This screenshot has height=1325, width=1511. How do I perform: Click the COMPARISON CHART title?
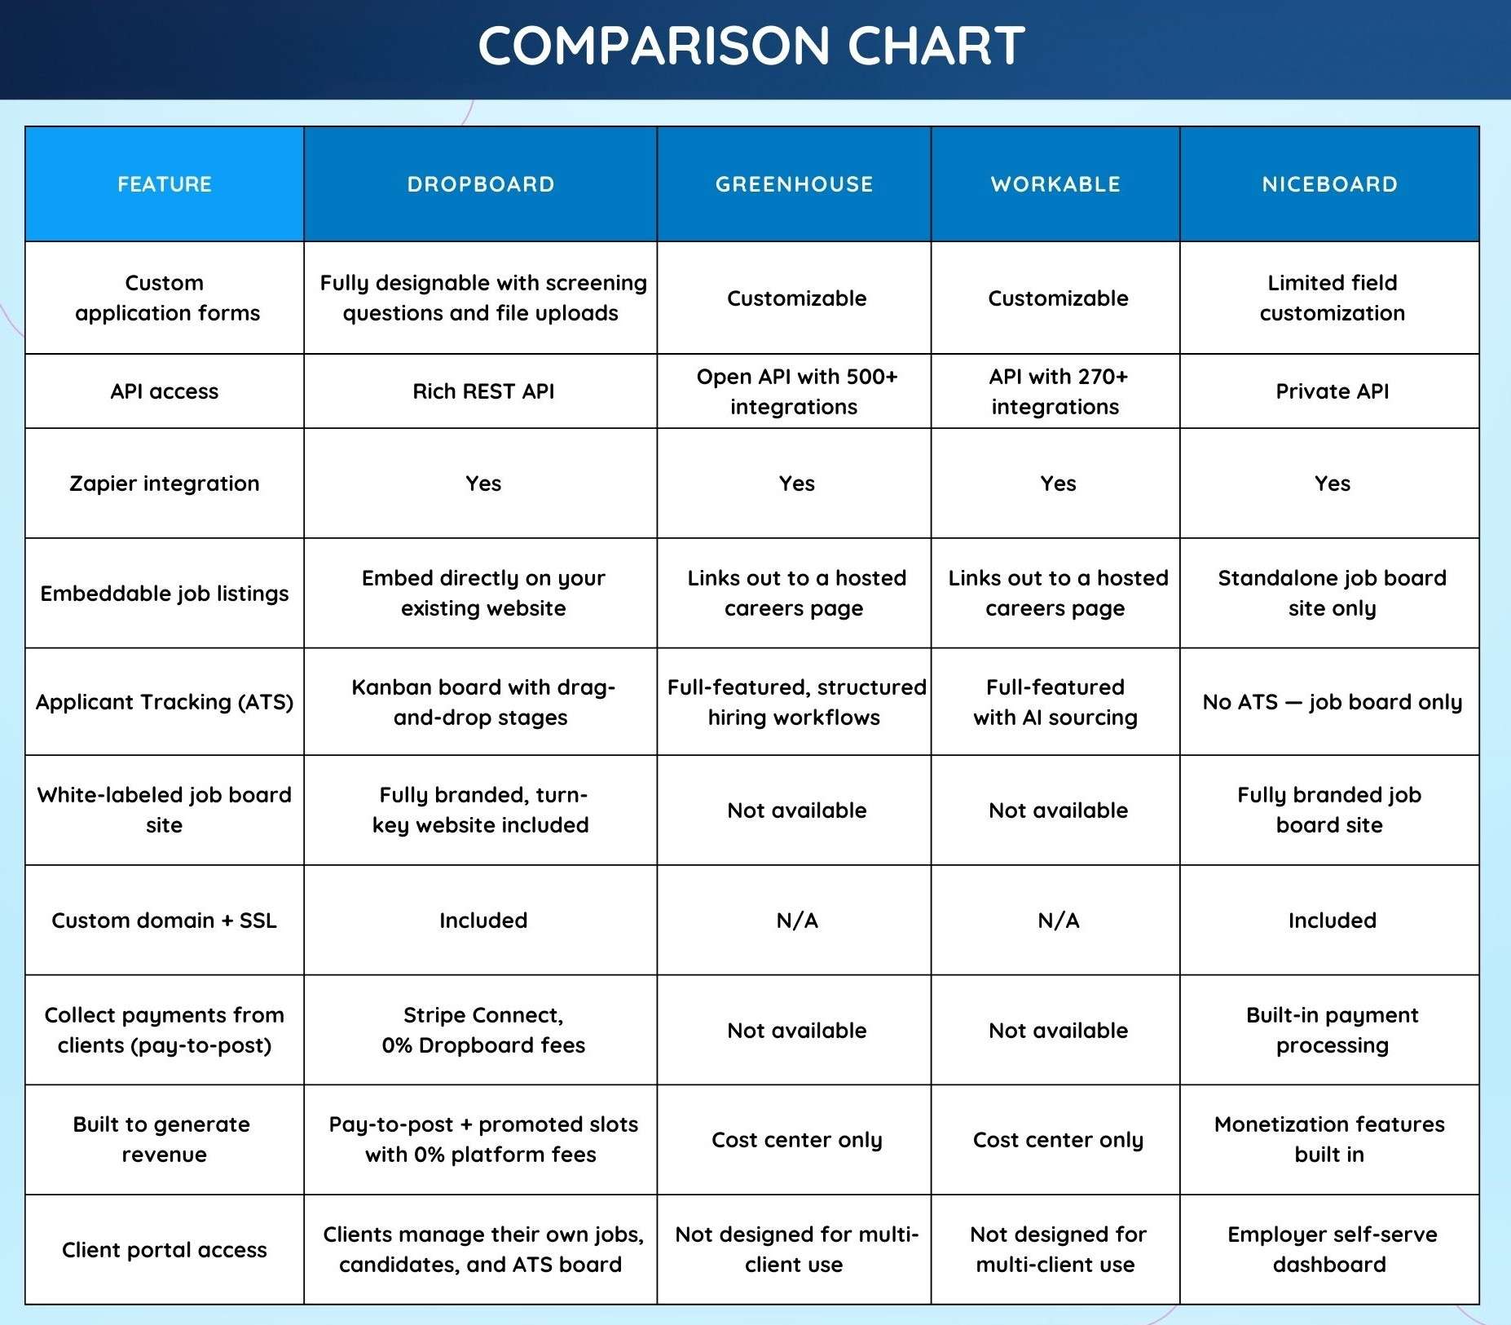pyautogui.click(x=751, y=46)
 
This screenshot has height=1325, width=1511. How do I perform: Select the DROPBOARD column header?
pyautogui.click(x=481, y=184)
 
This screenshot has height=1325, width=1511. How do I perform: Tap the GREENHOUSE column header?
pyautogui.click(x=794, y=184)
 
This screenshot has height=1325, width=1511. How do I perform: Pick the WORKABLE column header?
pyautogui.click(x=1055, y=184)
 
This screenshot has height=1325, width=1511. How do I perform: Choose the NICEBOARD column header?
pyautogui.click(x=1329, y=184)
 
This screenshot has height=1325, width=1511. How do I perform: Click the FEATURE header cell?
pyautogui.click(x=165, y=184)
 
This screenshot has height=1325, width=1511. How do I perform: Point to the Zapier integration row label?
pyautogui.click(x=165, y=484)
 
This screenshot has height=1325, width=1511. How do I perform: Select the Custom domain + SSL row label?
pyautogui.click(x=165, y=921)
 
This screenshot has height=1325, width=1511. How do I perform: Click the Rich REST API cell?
pyautogui.click(x=483, y=391)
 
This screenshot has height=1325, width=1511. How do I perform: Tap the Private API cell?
pyautogui.click(x=1332, y=391)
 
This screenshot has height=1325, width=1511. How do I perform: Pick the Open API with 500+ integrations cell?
pyautogui.click(x=795, y=391)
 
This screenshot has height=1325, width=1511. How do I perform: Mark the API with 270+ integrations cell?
pyautogui.click(x=1057, y=391)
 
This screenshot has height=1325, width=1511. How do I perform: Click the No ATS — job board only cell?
pyautogui.click(x=1332, y=702)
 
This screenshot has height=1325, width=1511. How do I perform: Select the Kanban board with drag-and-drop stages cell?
pyautogui.click(x=482, y=702)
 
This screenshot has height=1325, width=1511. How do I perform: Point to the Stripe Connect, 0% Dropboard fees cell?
pyautogui.click(x=483, y=1030)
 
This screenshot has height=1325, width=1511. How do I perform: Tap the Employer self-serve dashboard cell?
pyautogui.click(x=1332, y=1249)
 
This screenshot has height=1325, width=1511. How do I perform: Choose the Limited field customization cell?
pyautogui.click(x=1332, y=298)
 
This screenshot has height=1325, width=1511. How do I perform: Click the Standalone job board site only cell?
pyautogui.click(x=1332, y=593)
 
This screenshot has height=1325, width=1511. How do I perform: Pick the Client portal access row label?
pyautogui.click(x=165, y=1250)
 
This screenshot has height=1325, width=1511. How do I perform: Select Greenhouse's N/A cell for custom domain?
pyautogui.click(x=796, y=921)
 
